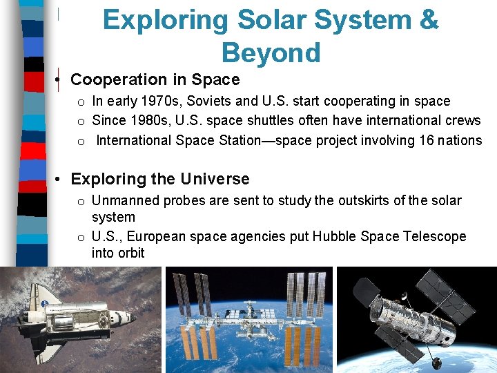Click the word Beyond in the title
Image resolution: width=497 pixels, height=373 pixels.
point(271,52)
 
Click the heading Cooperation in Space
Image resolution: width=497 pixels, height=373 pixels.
point(155,79)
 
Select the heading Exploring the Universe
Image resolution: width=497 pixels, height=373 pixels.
point(160,179)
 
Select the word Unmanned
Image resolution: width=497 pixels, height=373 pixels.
point(121,200)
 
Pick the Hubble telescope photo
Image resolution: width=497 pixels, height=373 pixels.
point(416,320)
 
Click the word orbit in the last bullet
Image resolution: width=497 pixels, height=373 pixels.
point(130,253)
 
